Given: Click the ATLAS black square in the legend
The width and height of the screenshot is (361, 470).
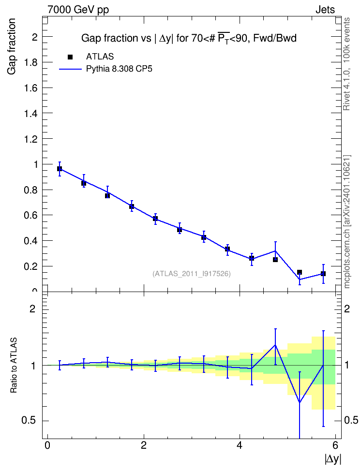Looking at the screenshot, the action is point(70,57).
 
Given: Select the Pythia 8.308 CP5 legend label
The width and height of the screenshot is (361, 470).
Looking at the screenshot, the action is point(119,69).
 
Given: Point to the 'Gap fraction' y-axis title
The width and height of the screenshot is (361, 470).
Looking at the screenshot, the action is point(12,46).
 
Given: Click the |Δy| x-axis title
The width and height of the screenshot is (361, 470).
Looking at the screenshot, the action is point(333,458).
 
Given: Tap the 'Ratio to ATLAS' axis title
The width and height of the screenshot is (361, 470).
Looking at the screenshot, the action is point(14,366).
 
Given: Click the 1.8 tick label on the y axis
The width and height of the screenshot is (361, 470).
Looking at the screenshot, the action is point(30,62).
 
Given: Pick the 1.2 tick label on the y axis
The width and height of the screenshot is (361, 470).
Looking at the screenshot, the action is point(30,139).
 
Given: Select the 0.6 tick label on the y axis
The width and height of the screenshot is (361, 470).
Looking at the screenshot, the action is point(30,215).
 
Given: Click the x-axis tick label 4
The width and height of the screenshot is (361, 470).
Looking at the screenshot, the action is point(240,445).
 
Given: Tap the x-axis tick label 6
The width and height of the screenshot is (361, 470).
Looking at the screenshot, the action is point(335,445).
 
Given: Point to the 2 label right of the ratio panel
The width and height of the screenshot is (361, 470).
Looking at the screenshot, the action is point(347,308).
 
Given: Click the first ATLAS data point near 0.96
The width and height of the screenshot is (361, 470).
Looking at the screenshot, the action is point(60,169).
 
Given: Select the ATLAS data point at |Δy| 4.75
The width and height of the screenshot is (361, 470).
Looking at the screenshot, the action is point(275,260).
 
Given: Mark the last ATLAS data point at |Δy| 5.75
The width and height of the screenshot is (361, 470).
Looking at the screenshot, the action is point(323,274).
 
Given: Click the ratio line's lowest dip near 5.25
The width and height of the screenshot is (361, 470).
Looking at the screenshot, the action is point(300,402).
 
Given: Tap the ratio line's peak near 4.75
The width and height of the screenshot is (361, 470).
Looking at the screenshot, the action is point(275,345).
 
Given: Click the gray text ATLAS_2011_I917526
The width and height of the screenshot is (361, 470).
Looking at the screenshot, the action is point(192,274).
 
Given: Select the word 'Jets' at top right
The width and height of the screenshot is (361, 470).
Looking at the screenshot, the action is point(325,10).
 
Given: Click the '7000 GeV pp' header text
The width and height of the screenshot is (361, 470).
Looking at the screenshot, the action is point(78,10).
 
